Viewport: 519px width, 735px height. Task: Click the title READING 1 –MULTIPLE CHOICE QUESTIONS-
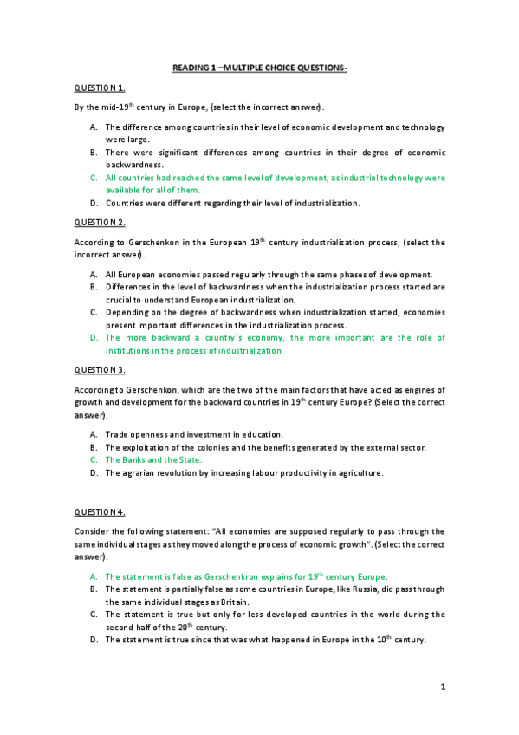coord(259,69)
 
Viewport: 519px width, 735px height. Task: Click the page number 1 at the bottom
coord(442,687)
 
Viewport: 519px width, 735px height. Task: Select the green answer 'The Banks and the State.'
coord(153,460)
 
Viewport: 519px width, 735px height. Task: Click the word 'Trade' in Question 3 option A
coord(117,434)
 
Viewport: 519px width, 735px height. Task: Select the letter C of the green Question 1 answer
coord(94,177)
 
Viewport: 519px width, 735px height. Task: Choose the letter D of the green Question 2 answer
coord(94,338)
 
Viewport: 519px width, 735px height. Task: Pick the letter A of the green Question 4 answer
coord(94,576)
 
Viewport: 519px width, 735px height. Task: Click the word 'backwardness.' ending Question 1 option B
coord(134,164)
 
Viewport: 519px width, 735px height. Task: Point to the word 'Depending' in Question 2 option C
coord(127,312)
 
